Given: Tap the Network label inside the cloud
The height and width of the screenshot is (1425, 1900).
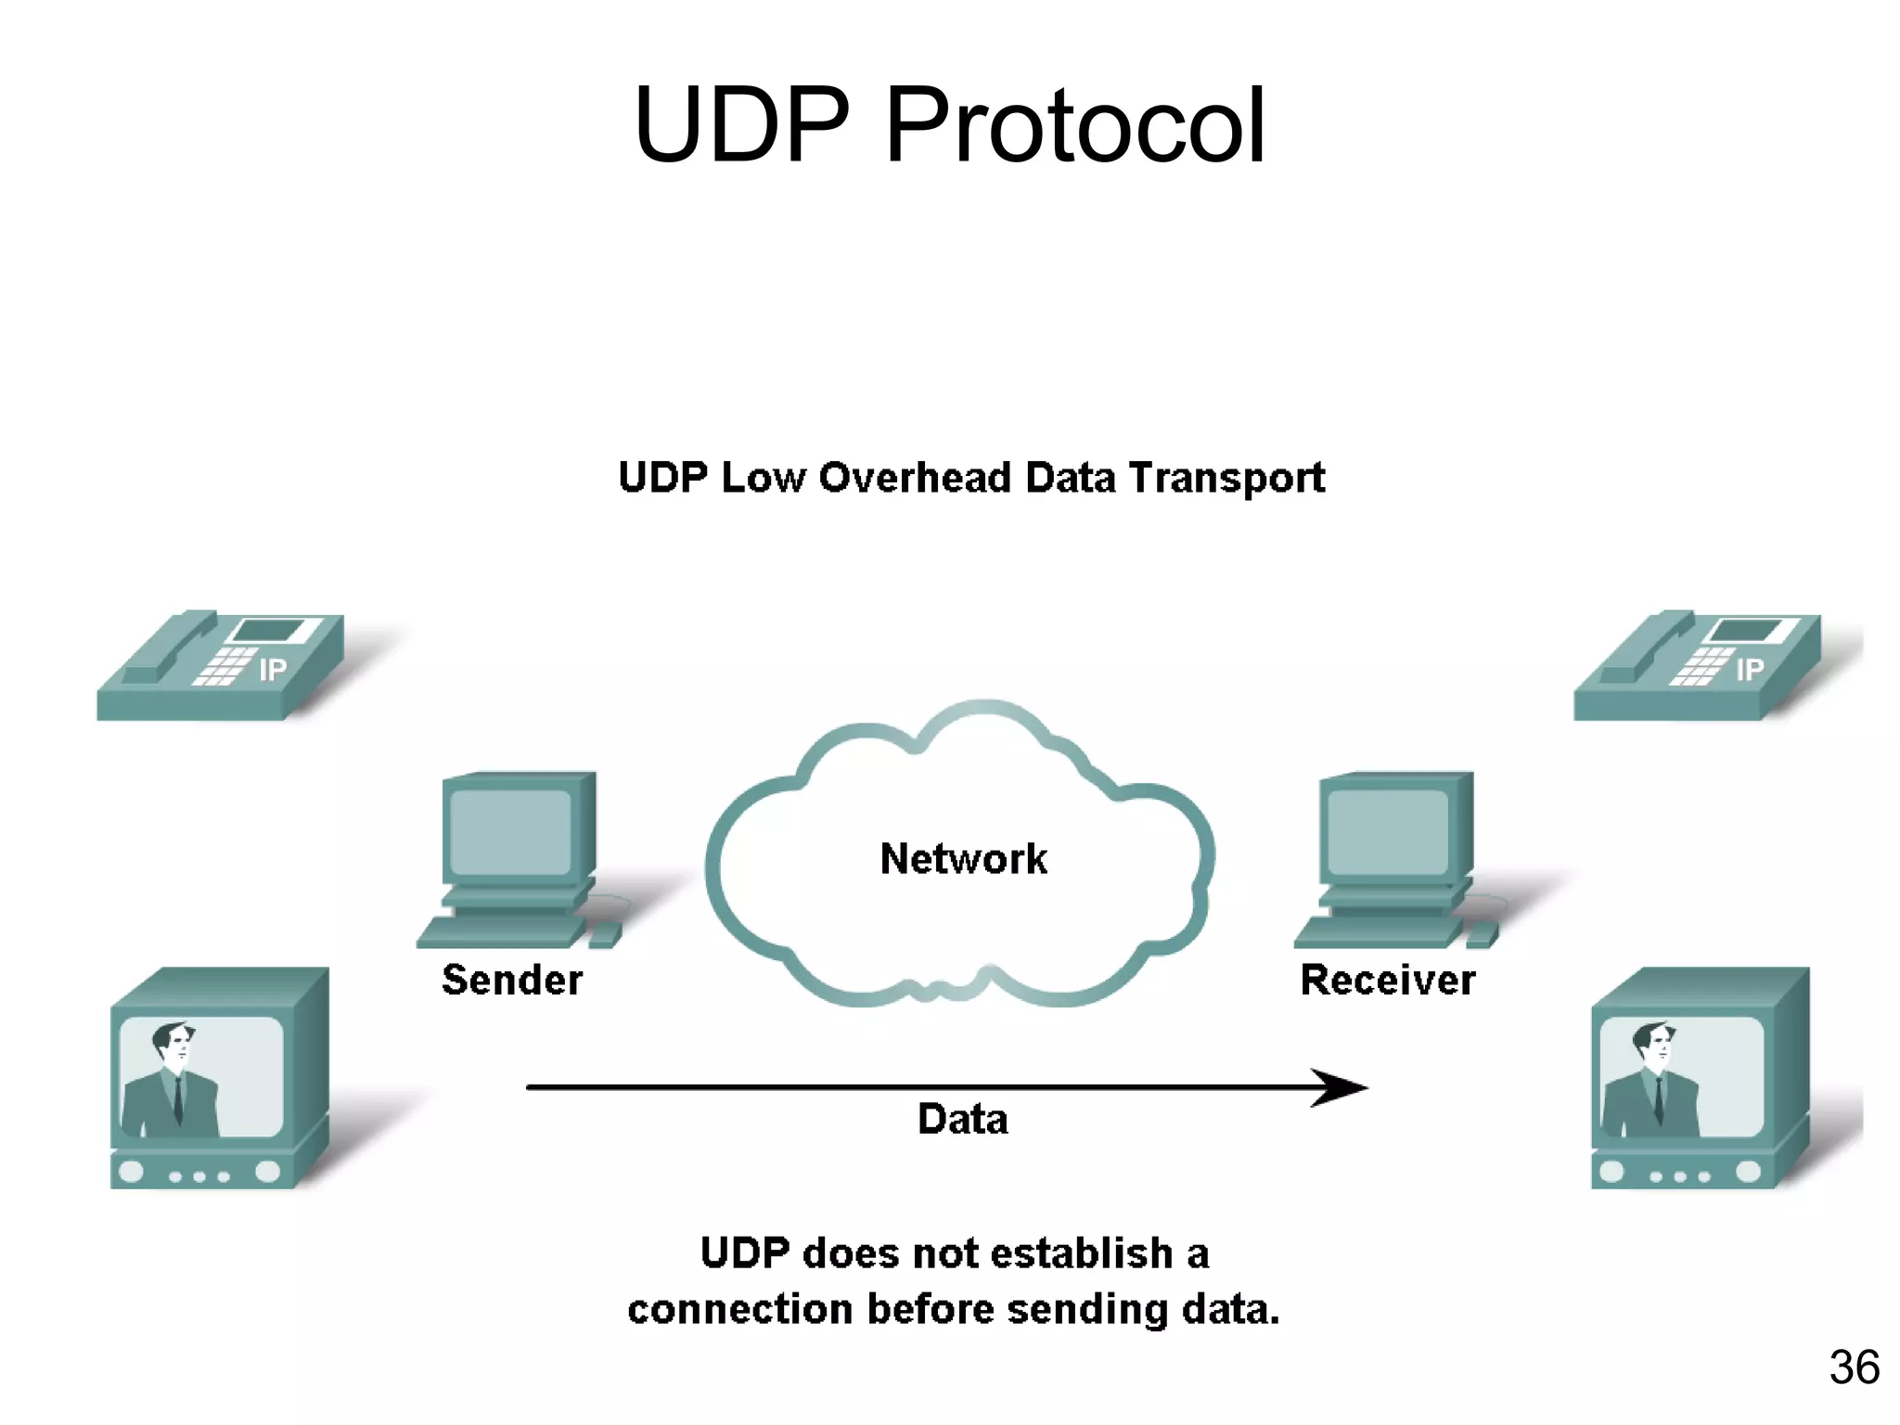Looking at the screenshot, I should (x=963, y=858).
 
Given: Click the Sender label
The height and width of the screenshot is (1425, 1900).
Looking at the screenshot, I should (x=512, y=980).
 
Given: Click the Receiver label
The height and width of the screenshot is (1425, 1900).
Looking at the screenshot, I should (x=1387, y=980).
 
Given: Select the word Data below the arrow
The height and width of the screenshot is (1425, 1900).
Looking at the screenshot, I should (x=962, y=1119).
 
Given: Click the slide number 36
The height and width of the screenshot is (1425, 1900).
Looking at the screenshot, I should (x=1854, y=1367).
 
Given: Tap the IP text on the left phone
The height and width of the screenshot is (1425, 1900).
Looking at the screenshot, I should (x=272, y=669).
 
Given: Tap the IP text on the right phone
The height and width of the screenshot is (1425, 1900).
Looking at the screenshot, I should (x=1749, y=669).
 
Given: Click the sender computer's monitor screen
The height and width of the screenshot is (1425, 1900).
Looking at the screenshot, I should (x=509, y=831).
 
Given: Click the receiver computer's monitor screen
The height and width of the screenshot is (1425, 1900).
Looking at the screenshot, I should (x=1387, y=831).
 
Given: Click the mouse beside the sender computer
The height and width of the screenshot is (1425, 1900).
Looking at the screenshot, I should (x=604, y=935).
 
